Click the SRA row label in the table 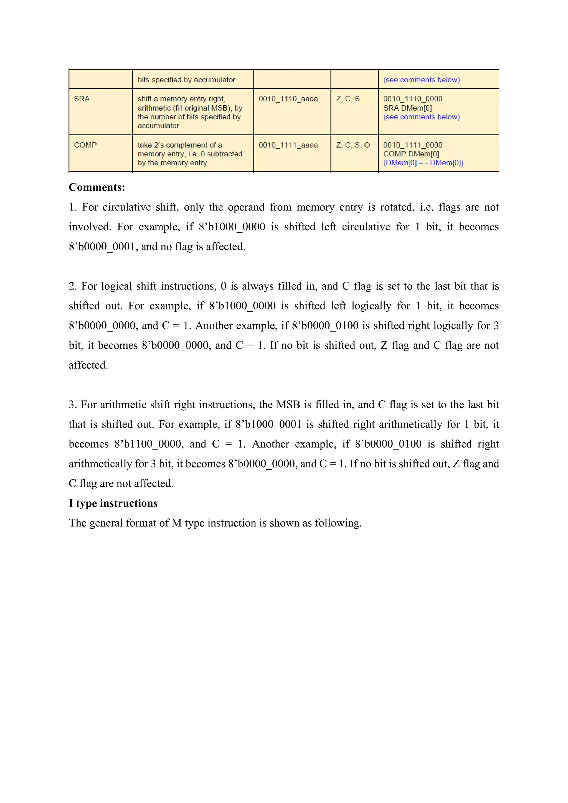(82, 99)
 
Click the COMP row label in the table (85, 145)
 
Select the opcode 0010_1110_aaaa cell (288, 99)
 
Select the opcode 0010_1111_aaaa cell (288, 145)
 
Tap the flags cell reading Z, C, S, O (353, 145)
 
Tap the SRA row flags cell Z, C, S (348, 99)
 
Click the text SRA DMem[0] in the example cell (407, 108)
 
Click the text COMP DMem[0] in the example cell (411, 154)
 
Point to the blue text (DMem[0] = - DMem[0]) (423, 163)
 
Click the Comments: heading (97, 187)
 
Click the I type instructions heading (113, 503)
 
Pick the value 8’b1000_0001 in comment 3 (268, 425)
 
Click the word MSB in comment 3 (288, 405)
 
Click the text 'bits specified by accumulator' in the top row (186, 80)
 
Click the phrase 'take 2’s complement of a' (179, 145)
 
